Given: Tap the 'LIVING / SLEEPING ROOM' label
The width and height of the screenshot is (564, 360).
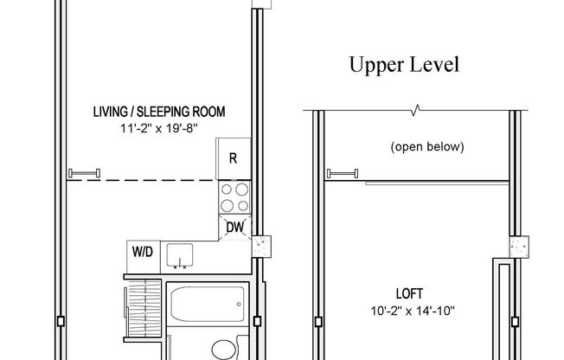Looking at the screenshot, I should (x=160, y=112).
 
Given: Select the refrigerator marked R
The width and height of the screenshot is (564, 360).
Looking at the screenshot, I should (x=233, y=158).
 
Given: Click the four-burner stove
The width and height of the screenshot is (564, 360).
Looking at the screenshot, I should (x=233, y=196).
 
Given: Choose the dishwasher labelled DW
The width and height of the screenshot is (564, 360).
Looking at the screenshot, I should (x=235, y=228).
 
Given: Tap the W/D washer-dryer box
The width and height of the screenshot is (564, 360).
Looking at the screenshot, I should (x=142, y=253).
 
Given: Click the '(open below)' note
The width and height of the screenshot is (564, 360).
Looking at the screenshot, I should (x=427, y=146).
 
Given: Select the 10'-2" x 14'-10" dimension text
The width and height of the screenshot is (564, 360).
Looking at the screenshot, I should (x=427, y=311).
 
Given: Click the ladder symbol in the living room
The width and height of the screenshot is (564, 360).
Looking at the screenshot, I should (x=86, y=172).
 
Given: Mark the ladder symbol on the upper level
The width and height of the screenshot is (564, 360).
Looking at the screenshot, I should (x=343, y=172).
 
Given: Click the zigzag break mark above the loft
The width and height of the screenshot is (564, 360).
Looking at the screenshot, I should (x=418, y=111).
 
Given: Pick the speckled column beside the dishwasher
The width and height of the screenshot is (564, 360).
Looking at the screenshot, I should (x=261, y=247).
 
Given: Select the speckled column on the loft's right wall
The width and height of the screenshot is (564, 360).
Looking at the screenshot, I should (x=518, y=247).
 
